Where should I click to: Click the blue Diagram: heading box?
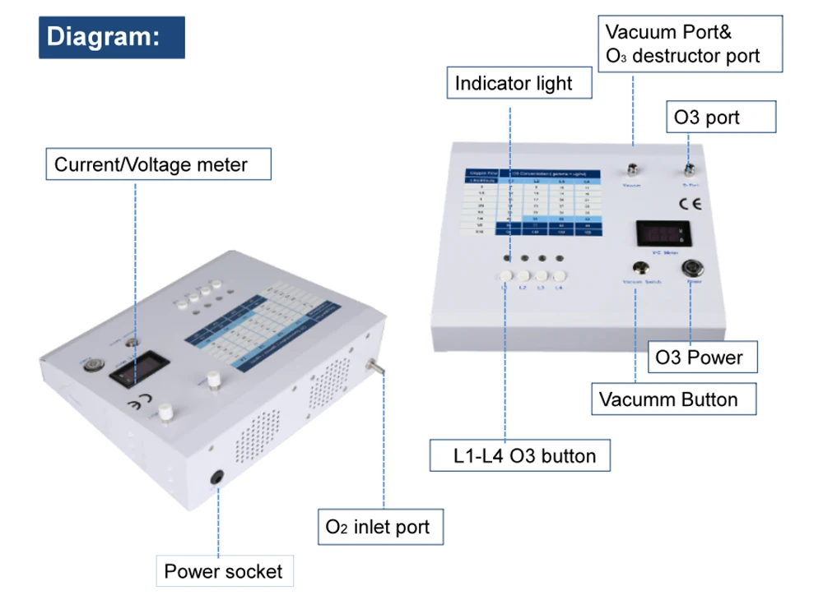coord(112,38)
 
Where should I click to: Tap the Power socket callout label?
coord(225,571)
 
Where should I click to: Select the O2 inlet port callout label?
coord(379,526)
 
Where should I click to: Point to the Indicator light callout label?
coord(513,84)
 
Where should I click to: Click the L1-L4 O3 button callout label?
coord(520,455)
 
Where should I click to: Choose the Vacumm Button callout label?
coord(668,400)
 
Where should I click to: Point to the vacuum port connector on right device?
coord(633,170)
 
